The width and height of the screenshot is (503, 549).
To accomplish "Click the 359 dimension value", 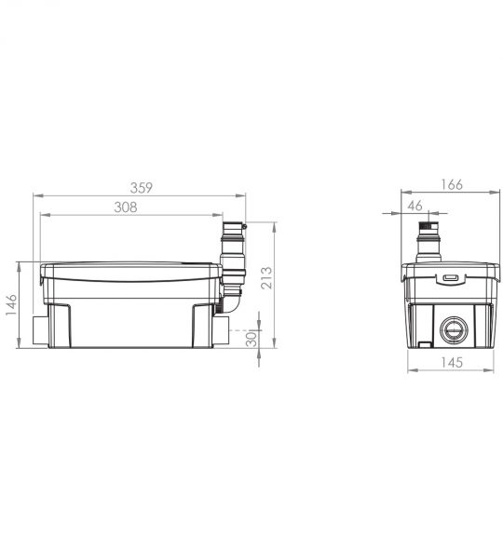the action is pos(142,188).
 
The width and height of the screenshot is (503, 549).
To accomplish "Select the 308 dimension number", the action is pos(126,208).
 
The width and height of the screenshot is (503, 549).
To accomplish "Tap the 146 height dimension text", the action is pos(11,305).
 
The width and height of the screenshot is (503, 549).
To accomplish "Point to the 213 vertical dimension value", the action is pos(266,278).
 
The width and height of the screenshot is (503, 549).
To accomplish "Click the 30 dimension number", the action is pos(251,339).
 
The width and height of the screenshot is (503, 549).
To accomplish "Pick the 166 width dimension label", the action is pos(452,184).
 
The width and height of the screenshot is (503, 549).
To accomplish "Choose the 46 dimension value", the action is pos(415,206).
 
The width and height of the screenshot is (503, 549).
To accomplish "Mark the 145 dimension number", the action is pos(452,362).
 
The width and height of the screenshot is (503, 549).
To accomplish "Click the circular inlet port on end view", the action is pos(454,330).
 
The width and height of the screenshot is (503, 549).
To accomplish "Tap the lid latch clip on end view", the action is pos(451,278).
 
